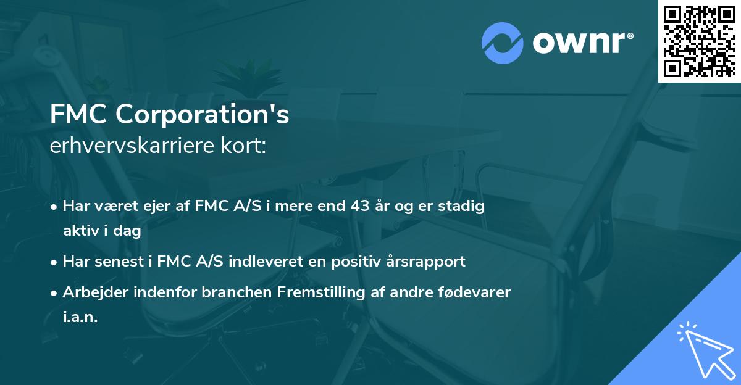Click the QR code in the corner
click(699, 41)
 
